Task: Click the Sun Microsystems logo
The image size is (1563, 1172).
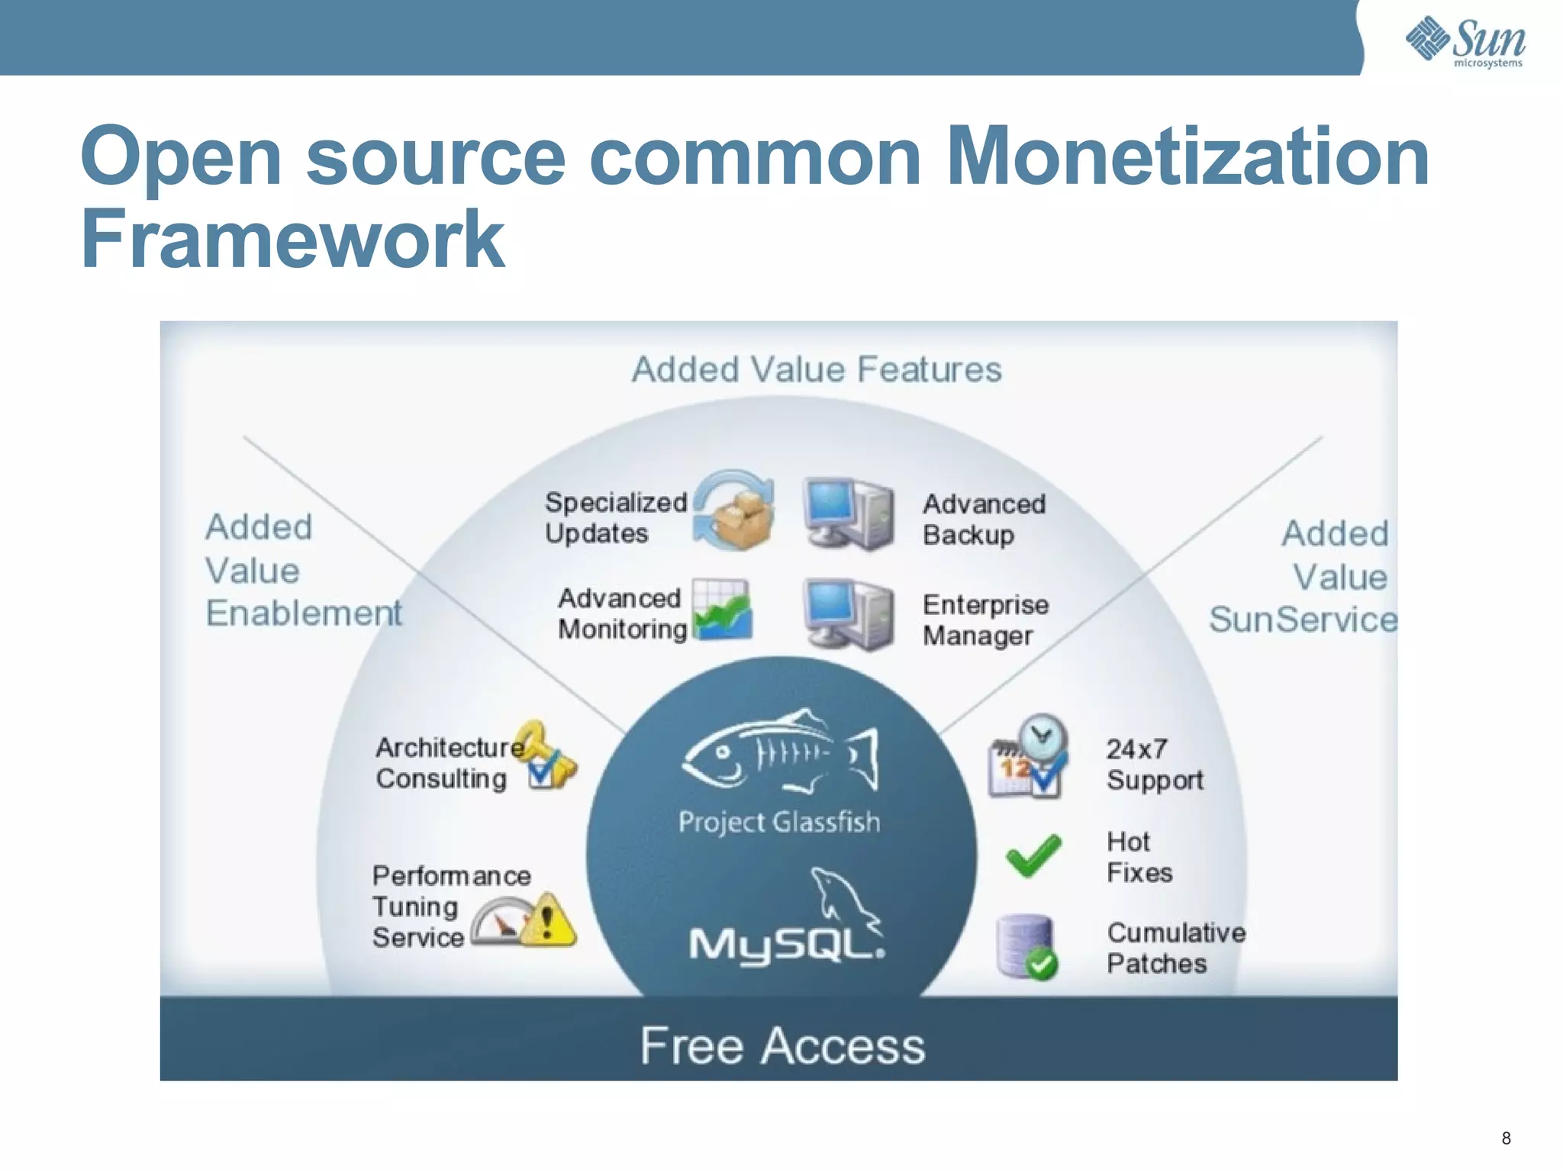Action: coord(1465,41)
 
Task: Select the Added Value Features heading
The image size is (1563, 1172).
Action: coord(816,369)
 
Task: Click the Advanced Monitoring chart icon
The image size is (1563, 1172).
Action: coord(722,610)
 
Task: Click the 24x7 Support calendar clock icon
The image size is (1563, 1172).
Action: coord(1027,757)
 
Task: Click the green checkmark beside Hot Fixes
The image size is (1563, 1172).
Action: coord(1033,855)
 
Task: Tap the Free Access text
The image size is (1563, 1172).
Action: coord(782,1045)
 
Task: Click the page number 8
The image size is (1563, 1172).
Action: coord(1506,1138)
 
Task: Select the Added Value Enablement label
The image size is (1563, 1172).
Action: coord(303,570)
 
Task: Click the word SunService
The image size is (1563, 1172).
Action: coord(1302,620)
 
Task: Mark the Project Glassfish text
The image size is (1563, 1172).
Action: coord(779,822)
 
